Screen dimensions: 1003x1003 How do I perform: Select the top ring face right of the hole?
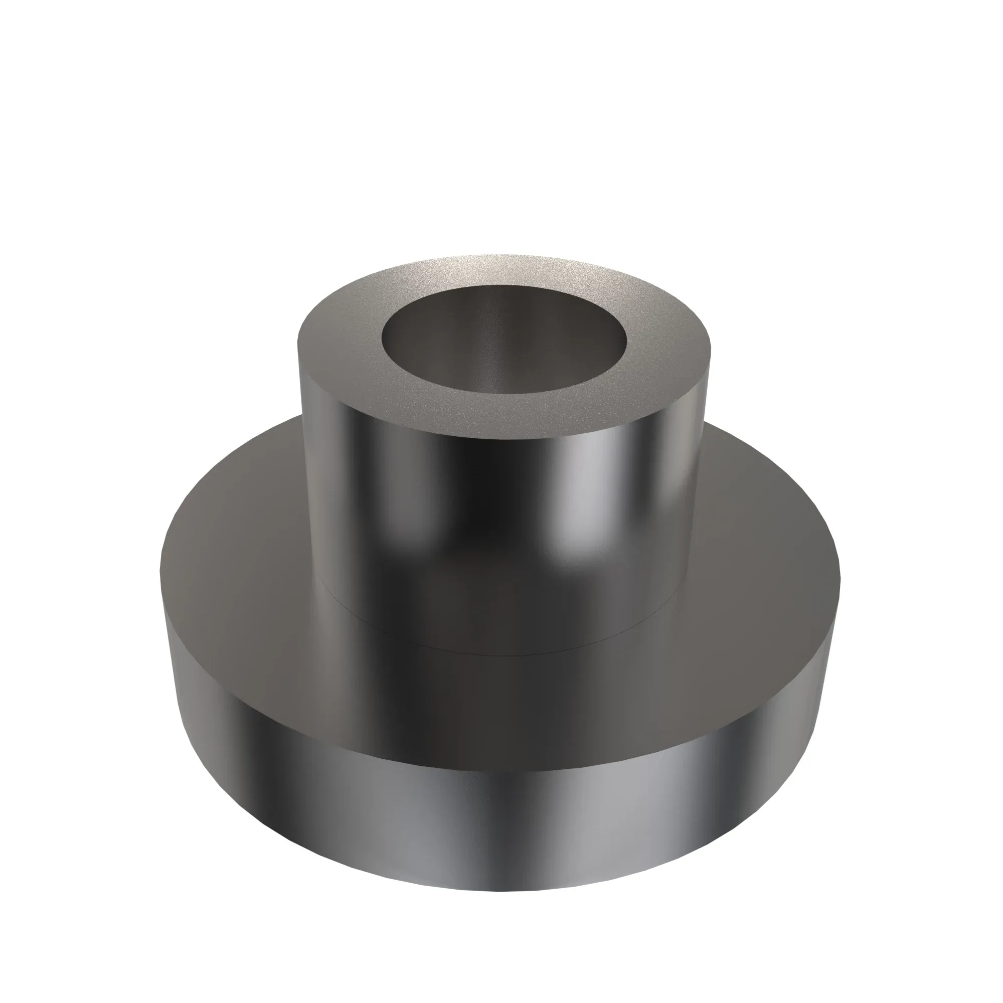pyautogui.click(x=664, y=358)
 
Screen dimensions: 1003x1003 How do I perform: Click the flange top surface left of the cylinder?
pyautogui.click(x=234, y=545)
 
